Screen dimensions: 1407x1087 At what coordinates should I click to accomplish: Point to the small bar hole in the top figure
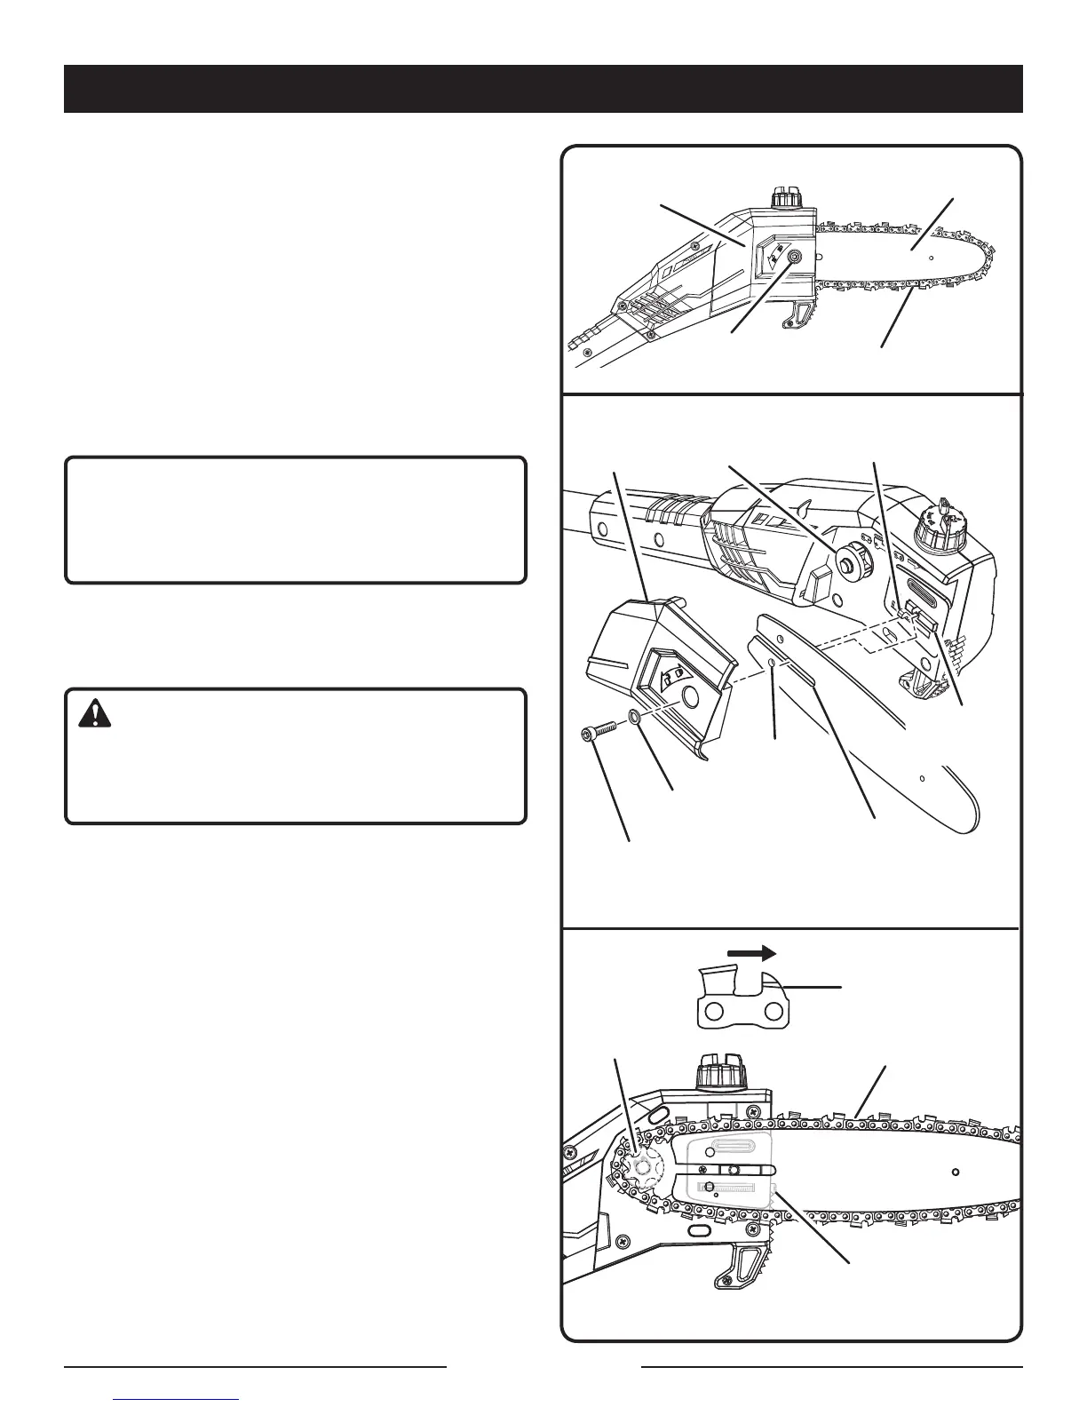pos(931,258)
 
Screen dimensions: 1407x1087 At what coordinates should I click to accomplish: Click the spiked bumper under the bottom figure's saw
pos(740,1262)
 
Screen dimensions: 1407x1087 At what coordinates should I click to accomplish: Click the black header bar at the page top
pos(543,89)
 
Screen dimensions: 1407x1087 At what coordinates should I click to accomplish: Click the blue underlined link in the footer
pos(178,1400)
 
